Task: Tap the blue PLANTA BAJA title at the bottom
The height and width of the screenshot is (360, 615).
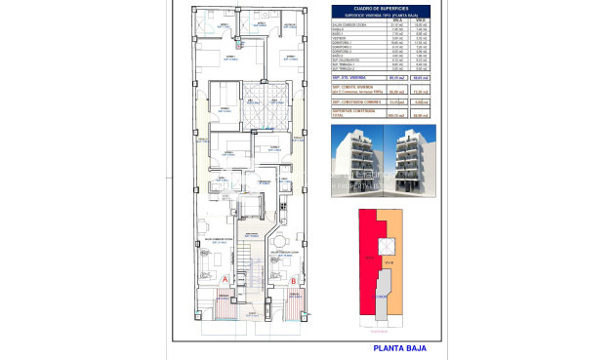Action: pos(399,347)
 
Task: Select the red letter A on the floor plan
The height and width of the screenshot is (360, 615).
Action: pos(226,278)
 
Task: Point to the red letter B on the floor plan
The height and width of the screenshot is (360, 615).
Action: pos(294,282)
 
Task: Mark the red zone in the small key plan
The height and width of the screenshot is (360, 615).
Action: pos(369,254)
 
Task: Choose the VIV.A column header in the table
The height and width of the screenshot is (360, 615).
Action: pos(396,20)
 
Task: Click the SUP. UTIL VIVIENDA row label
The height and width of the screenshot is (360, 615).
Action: pos(352,79)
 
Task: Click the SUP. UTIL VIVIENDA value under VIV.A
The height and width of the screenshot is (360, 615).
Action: pos(396,79)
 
